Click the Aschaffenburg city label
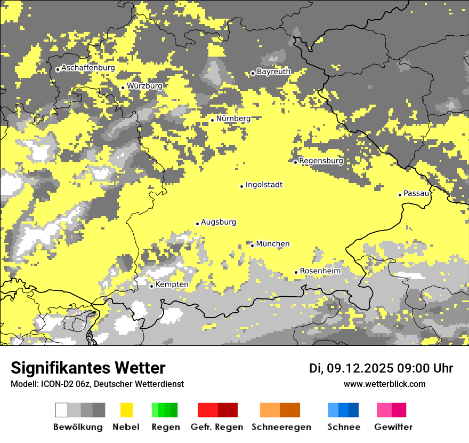click(88, 68)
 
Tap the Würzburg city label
click(144, 86)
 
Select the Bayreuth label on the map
click(273, 72)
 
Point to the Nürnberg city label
click(233, 118)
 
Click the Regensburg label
click(321, 161)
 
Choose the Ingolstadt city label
click(264, 185)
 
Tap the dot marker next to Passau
click(400, 195)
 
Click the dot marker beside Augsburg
click(197, 224)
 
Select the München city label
click(273, 244)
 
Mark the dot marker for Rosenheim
click(296, 272)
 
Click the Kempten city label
click(172, 284)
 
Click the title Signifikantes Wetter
click(88, 368)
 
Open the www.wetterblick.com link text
click(384, 384)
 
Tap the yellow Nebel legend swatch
click(126, 410)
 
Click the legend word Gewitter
click(393, 427)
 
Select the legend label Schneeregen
click(281, 427)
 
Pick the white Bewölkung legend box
click(62, 410)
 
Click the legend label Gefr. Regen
click(217, 427)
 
